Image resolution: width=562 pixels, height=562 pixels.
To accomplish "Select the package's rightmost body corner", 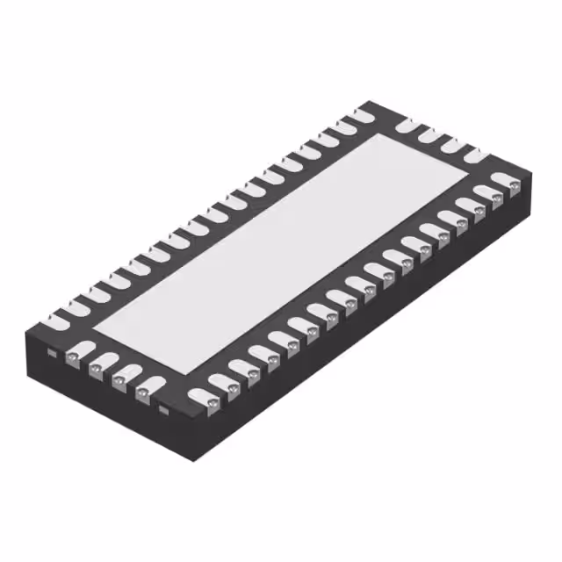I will [532, 179].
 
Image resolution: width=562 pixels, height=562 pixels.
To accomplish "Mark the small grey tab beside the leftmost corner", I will [52, 354].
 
